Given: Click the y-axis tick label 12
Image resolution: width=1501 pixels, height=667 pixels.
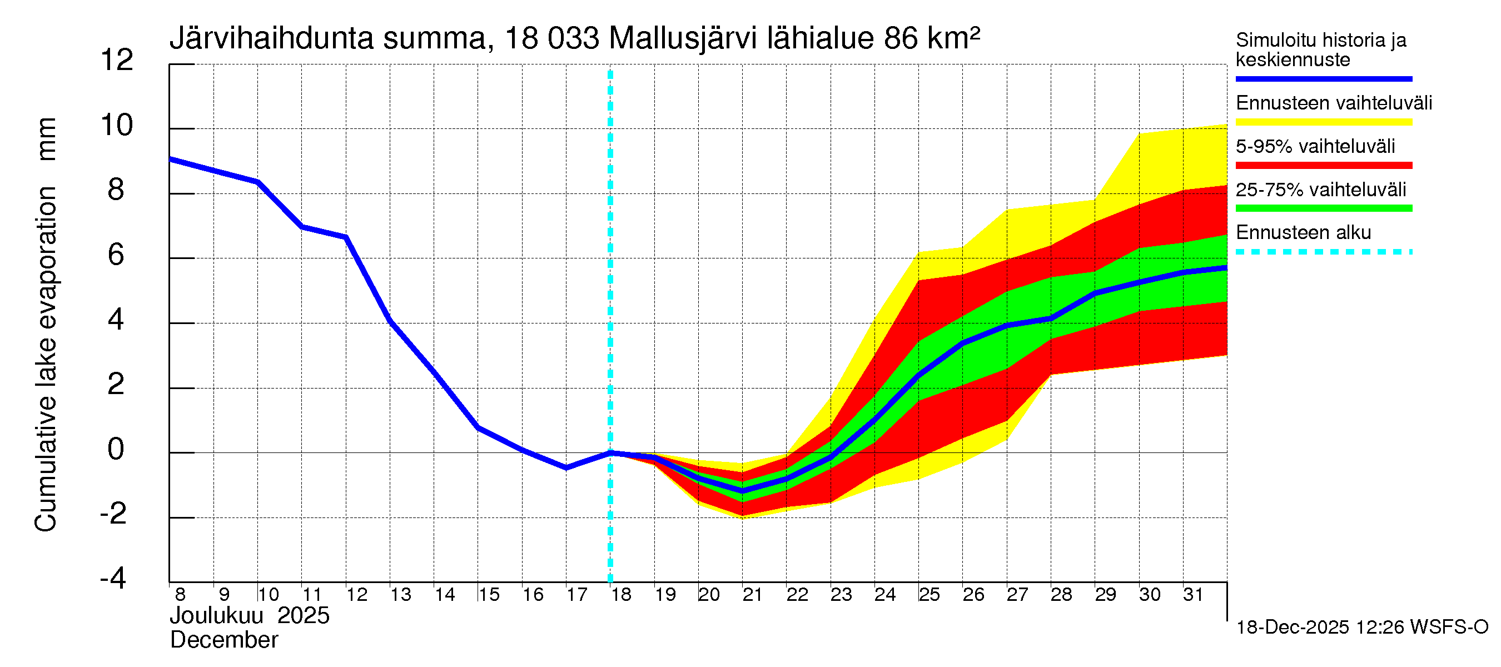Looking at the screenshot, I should coord(117,61).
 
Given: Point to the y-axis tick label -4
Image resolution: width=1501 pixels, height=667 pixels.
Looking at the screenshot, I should coord(113,579).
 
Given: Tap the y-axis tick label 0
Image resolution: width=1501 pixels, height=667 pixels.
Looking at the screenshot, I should coord(116,449).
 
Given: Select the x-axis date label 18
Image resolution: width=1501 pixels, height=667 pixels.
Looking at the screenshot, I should coord(621,595).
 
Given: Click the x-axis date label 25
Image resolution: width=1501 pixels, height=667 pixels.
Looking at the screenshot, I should coord(930,595).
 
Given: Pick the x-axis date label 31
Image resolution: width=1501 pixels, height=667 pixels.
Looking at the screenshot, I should coord(1193,595).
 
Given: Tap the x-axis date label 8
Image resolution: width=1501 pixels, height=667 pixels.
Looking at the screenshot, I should coord(180,595).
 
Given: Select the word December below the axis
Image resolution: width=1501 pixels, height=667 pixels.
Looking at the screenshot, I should coord(223,640).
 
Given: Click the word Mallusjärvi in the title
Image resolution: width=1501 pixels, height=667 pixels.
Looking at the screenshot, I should coord(682,38).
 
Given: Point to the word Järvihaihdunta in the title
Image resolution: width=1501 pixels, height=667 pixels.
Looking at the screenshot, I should coord(271,38).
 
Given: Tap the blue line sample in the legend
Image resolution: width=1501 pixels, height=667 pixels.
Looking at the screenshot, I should coord(1323,78).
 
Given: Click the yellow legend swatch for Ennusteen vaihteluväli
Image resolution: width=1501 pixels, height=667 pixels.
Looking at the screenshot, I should coord(1323,122).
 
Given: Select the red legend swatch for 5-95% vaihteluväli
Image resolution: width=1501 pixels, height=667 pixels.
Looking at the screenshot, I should coord(1323,166).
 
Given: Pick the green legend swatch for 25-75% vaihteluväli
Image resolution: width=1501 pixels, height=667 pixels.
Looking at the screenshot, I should coord(1323,208).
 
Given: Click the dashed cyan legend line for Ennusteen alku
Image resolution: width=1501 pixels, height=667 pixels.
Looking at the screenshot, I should coord(1323,252).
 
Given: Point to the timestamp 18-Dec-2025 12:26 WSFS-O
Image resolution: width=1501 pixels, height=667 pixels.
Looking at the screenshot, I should coord(1361,628).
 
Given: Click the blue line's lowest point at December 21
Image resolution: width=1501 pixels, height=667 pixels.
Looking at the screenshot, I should coord(742,491).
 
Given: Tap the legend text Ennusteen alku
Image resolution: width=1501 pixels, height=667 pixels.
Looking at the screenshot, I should coord(1303,232).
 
